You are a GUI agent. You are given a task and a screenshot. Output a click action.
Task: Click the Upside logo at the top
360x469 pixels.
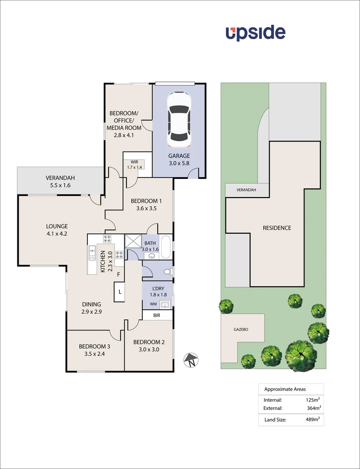pos(255,33)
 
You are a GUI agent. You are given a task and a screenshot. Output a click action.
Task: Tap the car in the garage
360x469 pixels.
pos(179,120)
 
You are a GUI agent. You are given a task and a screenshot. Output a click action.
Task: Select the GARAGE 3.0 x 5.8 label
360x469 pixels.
pos(179,160)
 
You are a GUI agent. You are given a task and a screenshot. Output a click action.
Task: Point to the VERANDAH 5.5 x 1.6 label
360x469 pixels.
pos(60,182)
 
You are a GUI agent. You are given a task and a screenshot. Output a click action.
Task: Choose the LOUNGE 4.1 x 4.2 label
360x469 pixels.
pos(57,230)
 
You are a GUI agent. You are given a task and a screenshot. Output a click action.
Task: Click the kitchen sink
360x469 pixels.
pos(92,253)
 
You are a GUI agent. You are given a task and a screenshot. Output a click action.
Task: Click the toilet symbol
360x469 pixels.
pos(167,272)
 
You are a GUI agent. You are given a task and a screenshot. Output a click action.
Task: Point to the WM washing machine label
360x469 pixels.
pos(153,304)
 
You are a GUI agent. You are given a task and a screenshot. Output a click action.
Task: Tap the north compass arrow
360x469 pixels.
pos(190,360)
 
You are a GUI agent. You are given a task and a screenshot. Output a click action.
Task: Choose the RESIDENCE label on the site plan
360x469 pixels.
pos(277,228)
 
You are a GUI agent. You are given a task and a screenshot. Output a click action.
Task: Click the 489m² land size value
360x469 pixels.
pos(313,420)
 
